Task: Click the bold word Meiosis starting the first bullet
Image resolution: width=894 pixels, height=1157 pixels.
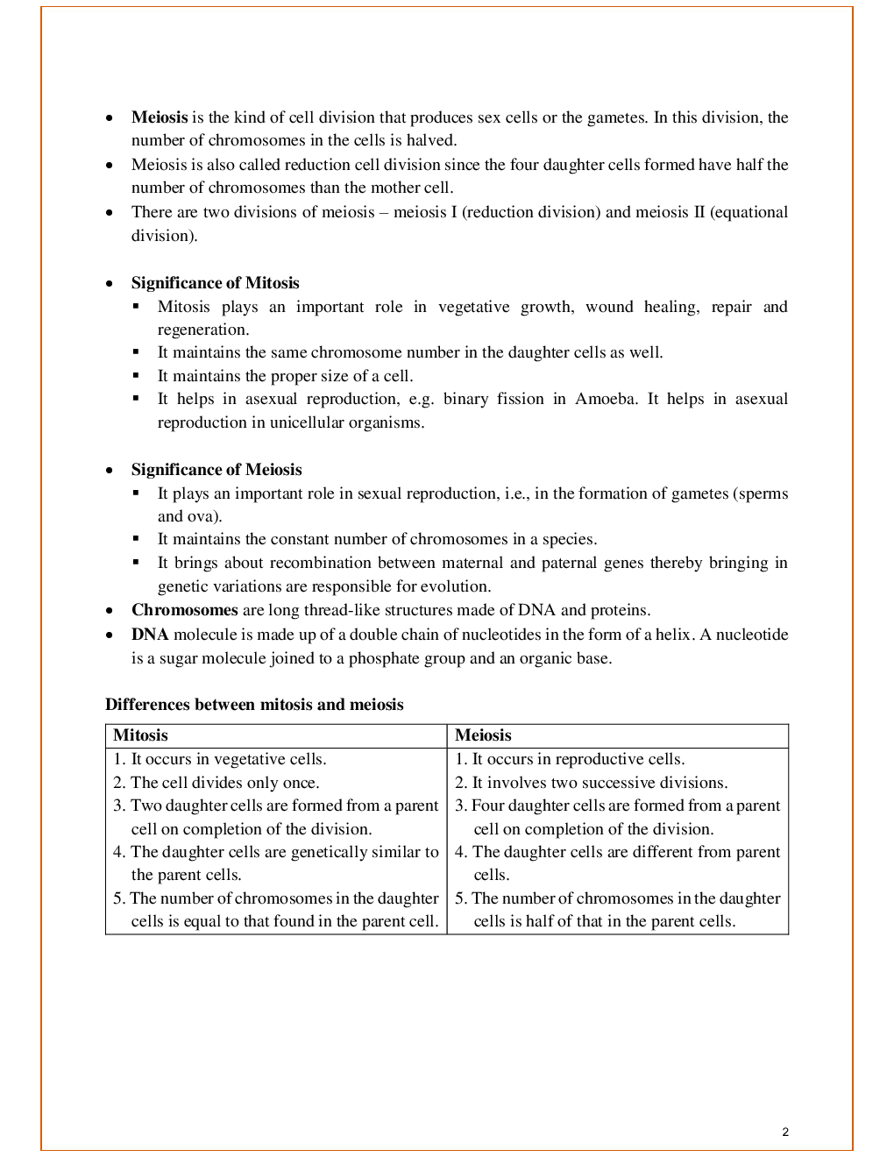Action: [x=160, y=117]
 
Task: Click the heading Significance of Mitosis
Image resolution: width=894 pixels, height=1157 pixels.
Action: [x=215, y=283]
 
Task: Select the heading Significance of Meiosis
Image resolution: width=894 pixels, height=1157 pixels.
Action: [x=216, y=470]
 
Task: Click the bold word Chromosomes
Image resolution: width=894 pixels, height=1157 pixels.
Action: [x=184, y=610]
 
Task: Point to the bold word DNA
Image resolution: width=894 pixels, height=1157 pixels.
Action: [x=150, y=635]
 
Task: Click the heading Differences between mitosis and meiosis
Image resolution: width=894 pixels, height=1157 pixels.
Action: [x=254, y=705]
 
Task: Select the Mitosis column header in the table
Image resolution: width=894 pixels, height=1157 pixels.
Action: [x=140, y=735]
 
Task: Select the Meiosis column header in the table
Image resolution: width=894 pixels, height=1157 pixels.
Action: [x=483, y=735]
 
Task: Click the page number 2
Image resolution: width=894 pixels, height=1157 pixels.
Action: [x=785, y=1132]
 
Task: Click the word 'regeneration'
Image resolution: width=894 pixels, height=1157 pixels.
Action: [x=202, y=330]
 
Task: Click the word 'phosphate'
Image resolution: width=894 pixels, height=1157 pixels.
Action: [x=381, y=658]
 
